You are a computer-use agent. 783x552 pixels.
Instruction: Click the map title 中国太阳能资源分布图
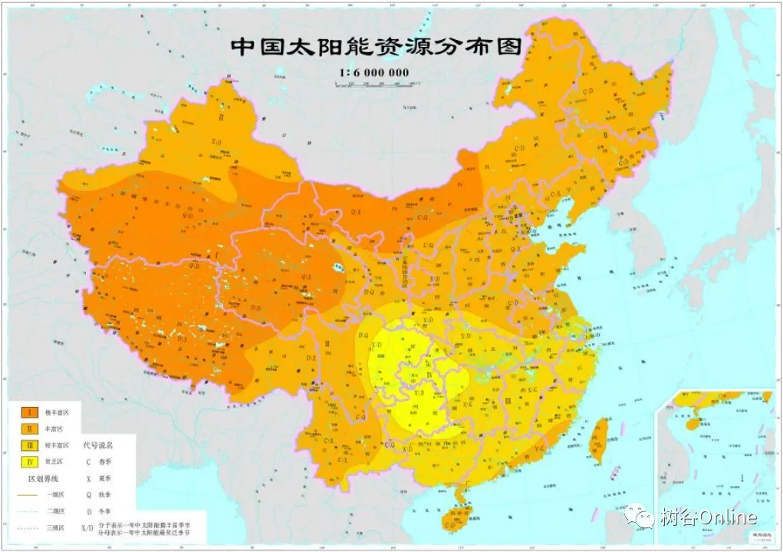pyautogui.click(x=376, y=46)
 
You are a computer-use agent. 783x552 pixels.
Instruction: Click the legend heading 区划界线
pyautogui.click(x=44, y=478)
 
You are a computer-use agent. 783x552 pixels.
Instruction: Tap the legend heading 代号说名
pyautogui.click(x=97, y=445)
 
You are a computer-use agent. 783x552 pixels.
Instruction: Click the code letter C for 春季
pyautogui.click(x=89, y=461)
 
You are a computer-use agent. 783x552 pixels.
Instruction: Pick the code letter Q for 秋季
pyautogui.click(x=89, y=495)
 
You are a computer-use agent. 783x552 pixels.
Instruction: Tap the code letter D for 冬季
pyautogui.click(x=89, y=511)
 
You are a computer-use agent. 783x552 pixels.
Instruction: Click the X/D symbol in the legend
pyautogui.click(x=89, y=528)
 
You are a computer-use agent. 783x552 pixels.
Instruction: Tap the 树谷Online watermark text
pyautogui.click(x=709, y=517)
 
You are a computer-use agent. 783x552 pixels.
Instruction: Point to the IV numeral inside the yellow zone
pyautogui.click(x=429, y=374)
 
